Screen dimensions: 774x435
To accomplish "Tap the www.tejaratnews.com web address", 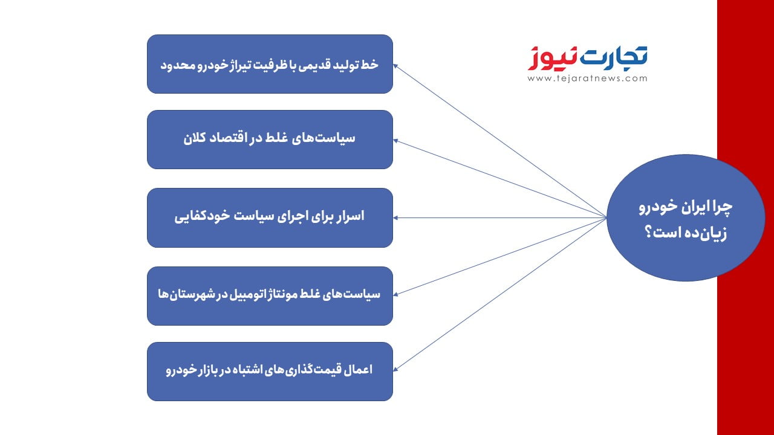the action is point(587,79).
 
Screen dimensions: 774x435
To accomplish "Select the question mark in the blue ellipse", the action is point(649,232).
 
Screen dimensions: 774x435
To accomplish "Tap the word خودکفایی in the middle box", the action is point(202,217).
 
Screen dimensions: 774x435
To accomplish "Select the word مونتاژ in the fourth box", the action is point(282,294).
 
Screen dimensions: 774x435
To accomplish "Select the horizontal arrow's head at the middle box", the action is point(396,218).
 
